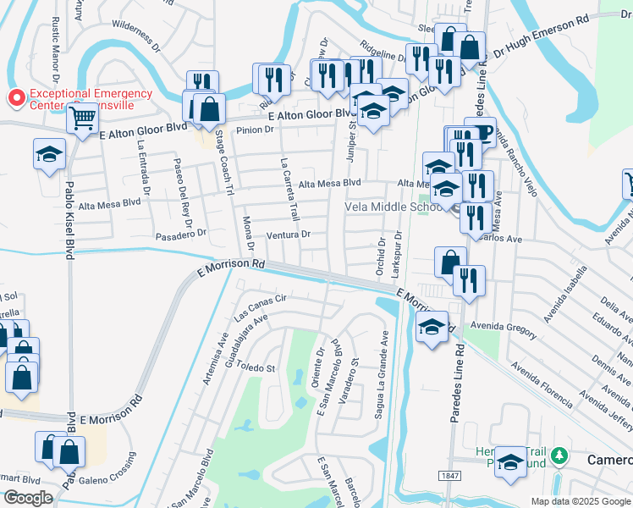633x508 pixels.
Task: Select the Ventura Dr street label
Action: (x=289, y=234)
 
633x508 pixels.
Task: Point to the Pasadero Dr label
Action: (x=180, y=232)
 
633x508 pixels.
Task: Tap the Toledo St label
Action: (x=260, y=368)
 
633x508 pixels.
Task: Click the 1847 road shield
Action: (x=450, y=477)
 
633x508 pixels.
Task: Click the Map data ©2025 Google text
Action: (x=581, y=501)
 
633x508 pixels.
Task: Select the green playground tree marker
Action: (x=558, y=457)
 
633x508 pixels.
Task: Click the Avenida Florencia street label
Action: (x=545, y=378)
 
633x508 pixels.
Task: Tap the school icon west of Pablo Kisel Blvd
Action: (x=49, y=155)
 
